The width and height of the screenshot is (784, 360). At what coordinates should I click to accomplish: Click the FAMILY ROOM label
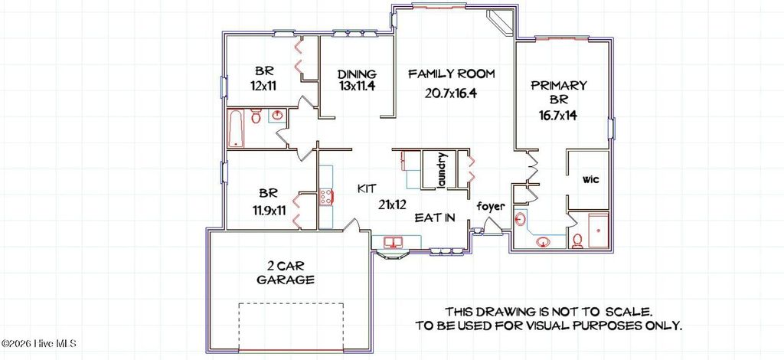pyautogui.click(x=451, y=74)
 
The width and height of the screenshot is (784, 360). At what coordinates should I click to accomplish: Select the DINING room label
pyautogui.click(x=356, y=74)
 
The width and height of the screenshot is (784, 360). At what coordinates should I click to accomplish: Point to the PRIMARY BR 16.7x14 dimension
pyautogui.click(x=559, y=116)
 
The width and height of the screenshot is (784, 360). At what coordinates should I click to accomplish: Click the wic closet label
pyautogui.click(x=590, y=181)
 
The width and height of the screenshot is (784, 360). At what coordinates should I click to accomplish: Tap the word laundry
pyautogui.click(x=442, y=169)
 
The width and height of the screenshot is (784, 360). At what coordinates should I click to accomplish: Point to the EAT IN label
pyautogui.click(x=435, y=218)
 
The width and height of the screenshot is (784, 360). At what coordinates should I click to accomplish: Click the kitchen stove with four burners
pyautogui.click(x=325, y=197)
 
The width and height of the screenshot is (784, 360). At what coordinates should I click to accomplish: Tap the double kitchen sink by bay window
pyautogui.click(x=394, y=244)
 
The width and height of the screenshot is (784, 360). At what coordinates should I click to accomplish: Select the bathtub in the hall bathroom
pyautogui.click(x=237, y=128)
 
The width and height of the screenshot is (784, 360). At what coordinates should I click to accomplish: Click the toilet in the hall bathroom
pyautogui.click(x=256, y=117)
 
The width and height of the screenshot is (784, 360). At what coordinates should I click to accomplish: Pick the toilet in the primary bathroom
pyautogui.click(x=578, y=241)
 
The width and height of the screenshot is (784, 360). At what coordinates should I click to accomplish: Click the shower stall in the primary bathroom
pyautogui.click(x=596, y=232)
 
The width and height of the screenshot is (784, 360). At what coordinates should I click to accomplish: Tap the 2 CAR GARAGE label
pyautogui.click(x=286, y=273)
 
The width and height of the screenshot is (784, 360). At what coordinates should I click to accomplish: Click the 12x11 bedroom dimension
pyautogui.click(x=262, y=87)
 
